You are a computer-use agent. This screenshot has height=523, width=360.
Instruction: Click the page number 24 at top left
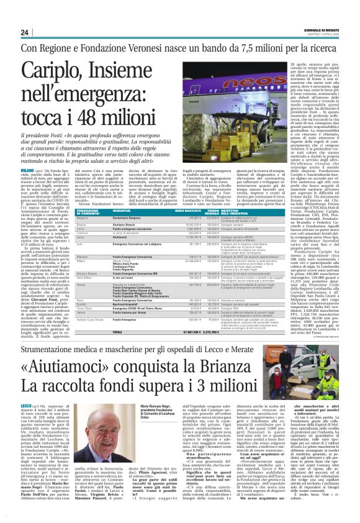pos(25,32)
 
